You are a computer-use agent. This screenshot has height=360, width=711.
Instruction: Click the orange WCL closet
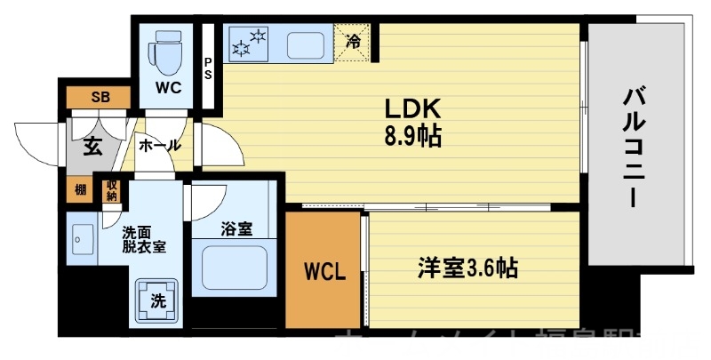[x=323, y=268]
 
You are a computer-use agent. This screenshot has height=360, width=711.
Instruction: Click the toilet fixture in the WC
[x=166, y=54]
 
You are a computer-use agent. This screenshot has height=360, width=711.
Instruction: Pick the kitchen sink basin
[x=308, y=43]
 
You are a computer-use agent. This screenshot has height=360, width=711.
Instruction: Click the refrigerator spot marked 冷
[x=354, y=41]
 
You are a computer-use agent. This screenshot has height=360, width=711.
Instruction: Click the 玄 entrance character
[x=92, y=147]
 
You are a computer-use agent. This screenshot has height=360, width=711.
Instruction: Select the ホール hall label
[x=160, y=145]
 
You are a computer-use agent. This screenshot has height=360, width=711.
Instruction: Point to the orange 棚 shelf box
[x=81, y=189]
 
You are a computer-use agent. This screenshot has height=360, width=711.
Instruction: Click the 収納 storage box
[x=111, y=189]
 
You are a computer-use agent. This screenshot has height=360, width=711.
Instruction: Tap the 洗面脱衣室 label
[x=143, y=241]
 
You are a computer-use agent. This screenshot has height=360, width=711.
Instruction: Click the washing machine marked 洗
[x=157, y=300]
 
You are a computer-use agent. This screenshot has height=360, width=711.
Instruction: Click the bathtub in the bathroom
[x=235, y=267]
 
